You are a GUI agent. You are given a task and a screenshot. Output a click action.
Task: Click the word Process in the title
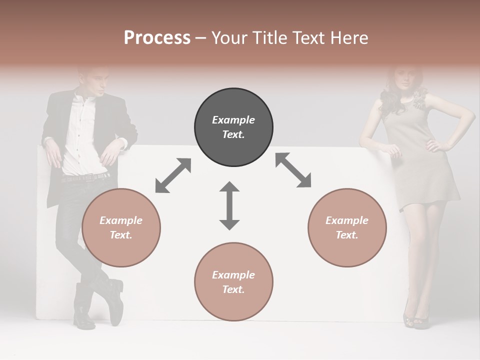(x=157, y=37)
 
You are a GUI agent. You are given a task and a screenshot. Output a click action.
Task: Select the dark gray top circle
(x=233, y=127)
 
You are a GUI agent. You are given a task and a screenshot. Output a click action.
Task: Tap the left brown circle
(x=121, y=227)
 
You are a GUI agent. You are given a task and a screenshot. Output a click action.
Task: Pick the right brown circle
(x=347, y=227)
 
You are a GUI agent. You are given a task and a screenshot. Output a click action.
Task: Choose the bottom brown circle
(x=233, y=282)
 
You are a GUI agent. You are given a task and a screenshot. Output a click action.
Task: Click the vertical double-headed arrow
(x=229, y=205)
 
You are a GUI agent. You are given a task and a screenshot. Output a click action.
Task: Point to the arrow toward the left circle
(x=173, y=175)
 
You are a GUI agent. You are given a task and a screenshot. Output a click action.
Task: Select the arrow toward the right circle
(x=293, y=170)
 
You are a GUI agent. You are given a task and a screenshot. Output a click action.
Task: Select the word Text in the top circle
(x=233, y=134)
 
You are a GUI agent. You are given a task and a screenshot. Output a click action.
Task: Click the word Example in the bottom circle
(x=233, y=274)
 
